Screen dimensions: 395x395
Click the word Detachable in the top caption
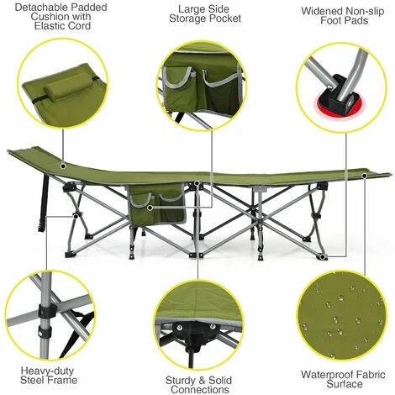pyautogui.click(x=38, y=8)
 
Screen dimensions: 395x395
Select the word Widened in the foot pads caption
pyautogui.click(x=321, y=11)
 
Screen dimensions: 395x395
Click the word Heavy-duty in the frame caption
pyautogui.click(x=47, y=371)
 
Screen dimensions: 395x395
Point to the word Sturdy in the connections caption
pyautogui.click(x=181, y=381)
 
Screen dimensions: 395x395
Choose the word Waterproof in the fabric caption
pyautogui.click(x=326, y=375)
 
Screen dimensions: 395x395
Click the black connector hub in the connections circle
pyautogui.click(x=196, y=334)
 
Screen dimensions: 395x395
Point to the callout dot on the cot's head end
pyautogui.click(x=63, y=166)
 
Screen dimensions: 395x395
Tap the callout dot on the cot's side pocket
pyautogui.click(x=150, y=208)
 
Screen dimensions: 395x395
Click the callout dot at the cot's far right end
pyautogui.click(x=365, y=176)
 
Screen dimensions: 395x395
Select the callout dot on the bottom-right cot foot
pyautogui.click(x=323, y=256)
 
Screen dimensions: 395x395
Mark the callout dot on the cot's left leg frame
pyautogui.click(x=75, y=216)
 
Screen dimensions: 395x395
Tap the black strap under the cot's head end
pyautogui.click(x=44, y=203)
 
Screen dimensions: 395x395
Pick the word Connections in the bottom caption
pyautogui.click(x=200, y=390)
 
